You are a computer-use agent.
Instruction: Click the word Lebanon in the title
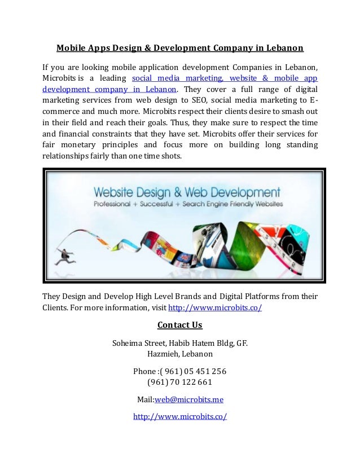(x=284, y=47)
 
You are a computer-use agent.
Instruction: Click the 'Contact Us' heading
(x=179, y=325)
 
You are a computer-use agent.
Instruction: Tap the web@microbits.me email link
(x=189, y=399)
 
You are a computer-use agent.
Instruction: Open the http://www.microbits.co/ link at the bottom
(x=180, y=416)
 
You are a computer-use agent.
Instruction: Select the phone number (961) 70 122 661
(x=179, y=382)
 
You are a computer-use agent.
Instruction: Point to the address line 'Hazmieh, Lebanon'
(x=179, y=354)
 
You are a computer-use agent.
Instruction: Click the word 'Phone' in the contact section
(x=144, y=371)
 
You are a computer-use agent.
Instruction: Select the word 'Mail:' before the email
(x=146, y=399)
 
